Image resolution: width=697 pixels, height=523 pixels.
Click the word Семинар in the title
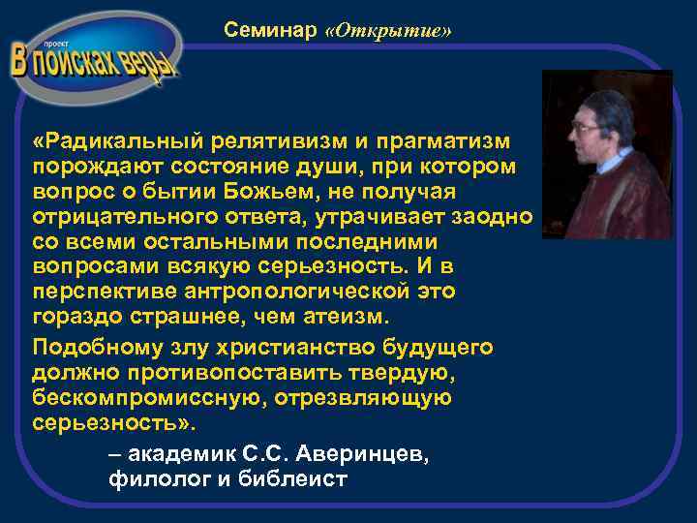point(270,31)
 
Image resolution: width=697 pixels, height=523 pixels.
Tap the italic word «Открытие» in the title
point(389,31)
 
